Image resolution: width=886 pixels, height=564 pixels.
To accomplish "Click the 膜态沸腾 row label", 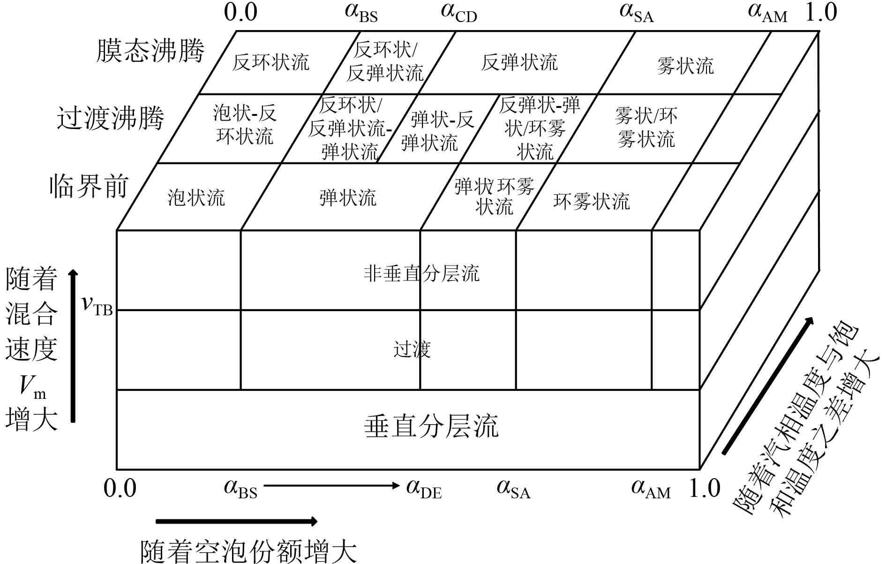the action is point(150,51).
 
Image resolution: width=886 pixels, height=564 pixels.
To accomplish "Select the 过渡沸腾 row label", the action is point(111,118).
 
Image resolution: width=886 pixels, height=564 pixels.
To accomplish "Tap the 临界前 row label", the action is point(89,186).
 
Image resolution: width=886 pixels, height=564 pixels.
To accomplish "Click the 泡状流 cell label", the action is point(196,198).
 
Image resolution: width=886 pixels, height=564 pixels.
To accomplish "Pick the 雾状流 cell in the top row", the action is point(685,66).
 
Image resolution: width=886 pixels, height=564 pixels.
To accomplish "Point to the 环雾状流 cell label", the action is point(592,202).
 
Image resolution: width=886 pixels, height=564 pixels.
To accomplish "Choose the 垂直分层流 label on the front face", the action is point(431,427).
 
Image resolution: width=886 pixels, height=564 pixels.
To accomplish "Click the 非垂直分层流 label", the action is point(421,274).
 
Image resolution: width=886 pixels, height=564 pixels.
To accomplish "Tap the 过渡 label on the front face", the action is point(412,350).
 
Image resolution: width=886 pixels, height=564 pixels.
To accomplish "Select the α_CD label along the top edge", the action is point(458,13).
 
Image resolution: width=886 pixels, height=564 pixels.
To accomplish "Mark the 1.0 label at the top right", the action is point(820,12).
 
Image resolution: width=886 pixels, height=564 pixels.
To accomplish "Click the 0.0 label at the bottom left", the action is point(120,488).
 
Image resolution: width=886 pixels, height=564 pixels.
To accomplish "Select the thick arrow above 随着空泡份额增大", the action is point(236,521).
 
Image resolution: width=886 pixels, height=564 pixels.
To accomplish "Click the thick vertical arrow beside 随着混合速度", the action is point(73,346).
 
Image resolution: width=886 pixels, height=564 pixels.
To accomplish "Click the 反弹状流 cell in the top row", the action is point(519,62).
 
